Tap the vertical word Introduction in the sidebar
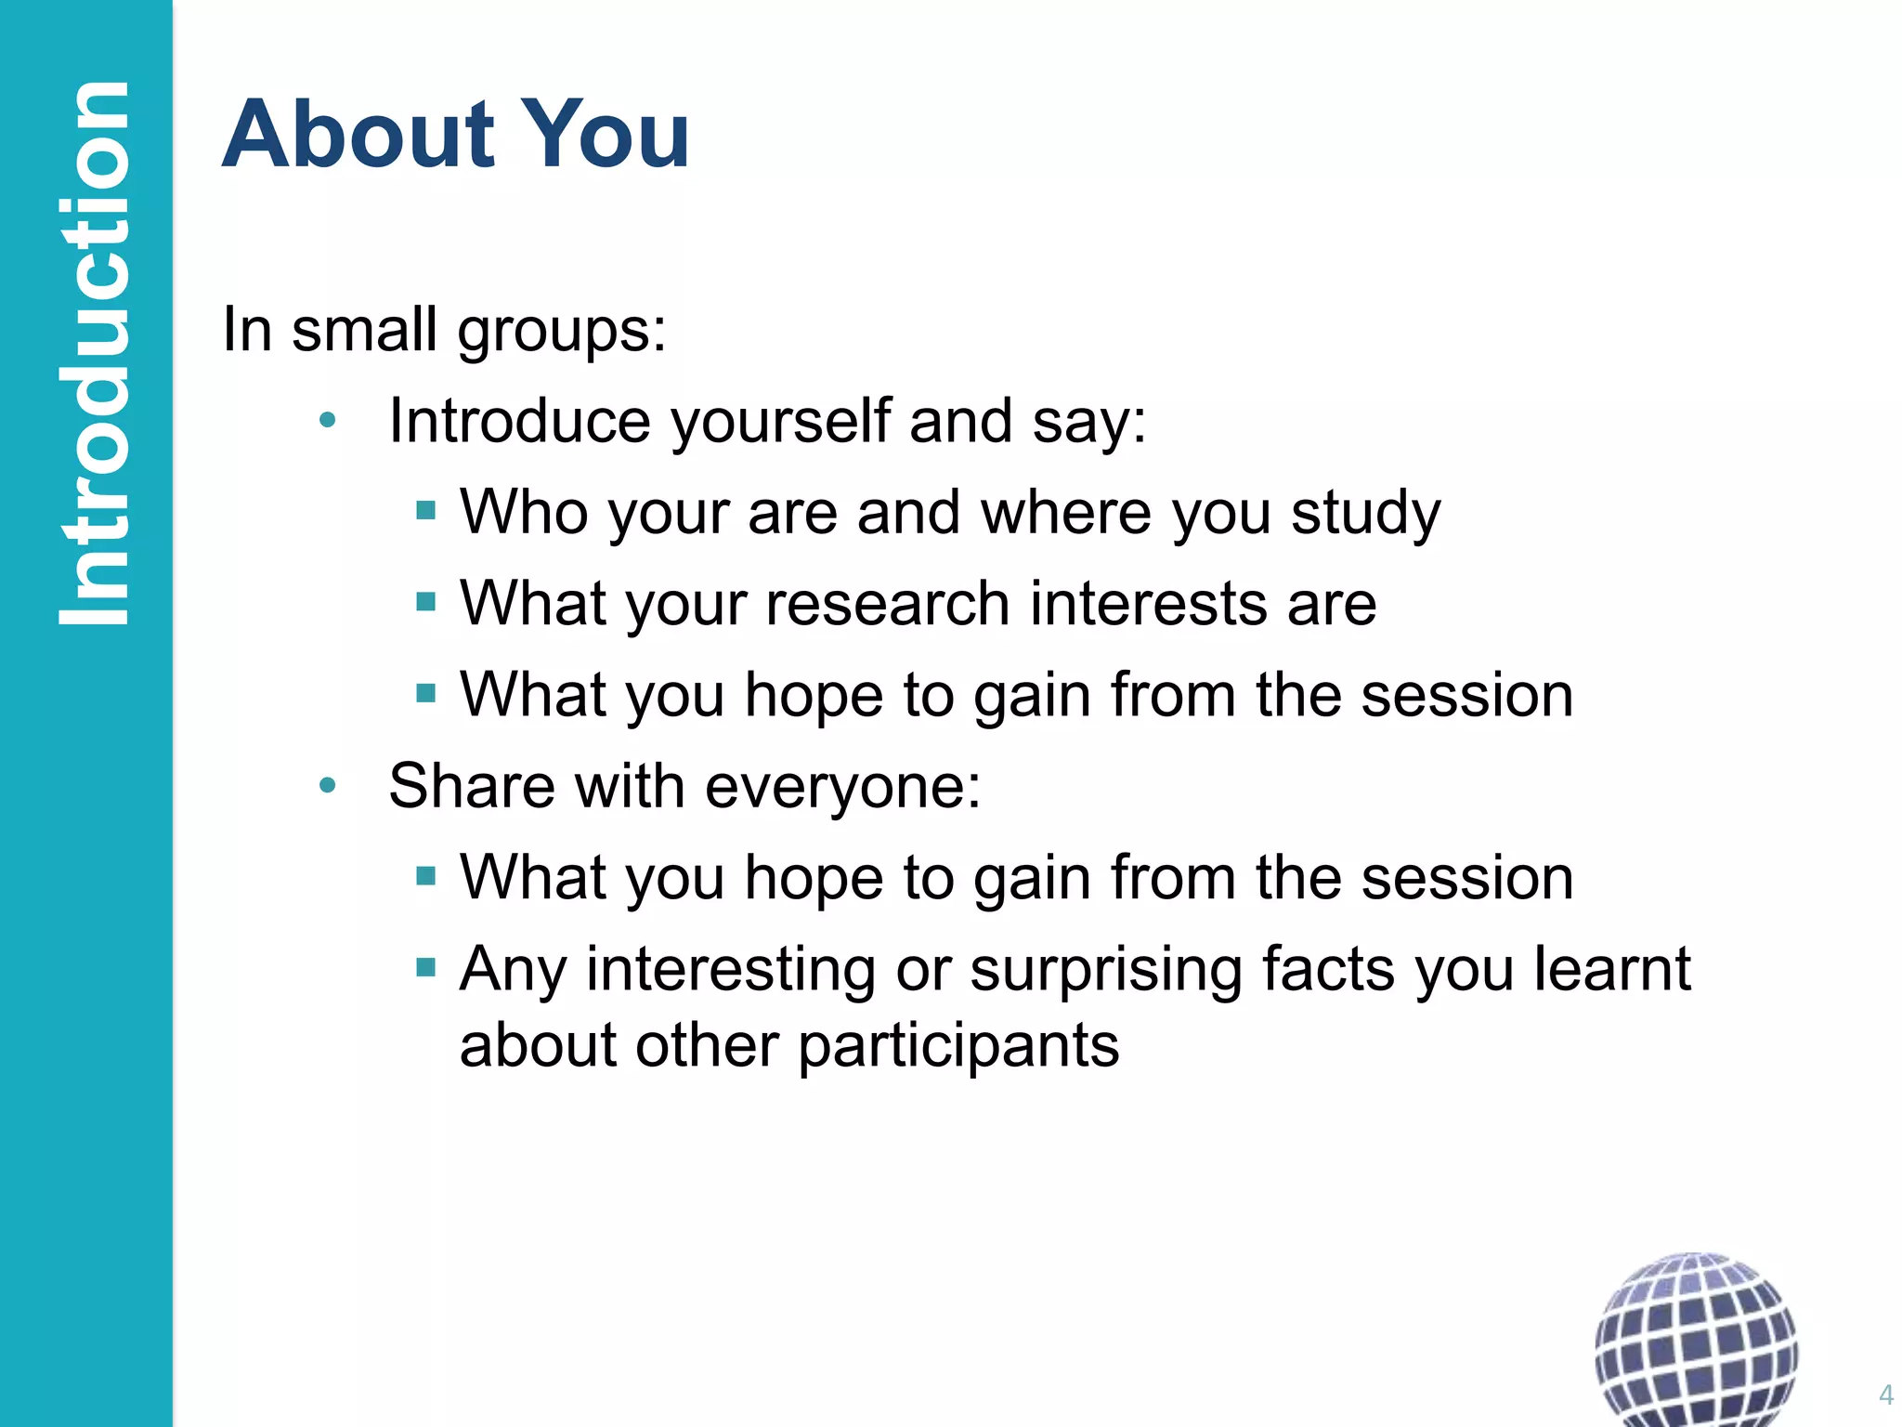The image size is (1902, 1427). click(x=93, y=353)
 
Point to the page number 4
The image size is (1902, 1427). click(x=1885, y=1394)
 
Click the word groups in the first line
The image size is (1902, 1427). click(x=562, y=331)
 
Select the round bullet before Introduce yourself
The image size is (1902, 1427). click(x=326, y=422)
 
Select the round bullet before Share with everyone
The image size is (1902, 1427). click(x=326, y=787)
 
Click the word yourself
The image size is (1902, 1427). click(x=779, y=422)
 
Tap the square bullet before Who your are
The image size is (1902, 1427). click(x=426, y=510)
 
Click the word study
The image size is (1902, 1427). click(x=1365, y=513)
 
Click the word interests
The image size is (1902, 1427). click(x=1149, y=604)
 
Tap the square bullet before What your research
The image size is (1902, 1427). click(x=426, y=601)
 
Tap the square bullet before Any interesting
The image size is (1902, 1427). click(x=426, y=967)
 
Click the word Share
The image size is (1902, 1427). click(x=472, y=786)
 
